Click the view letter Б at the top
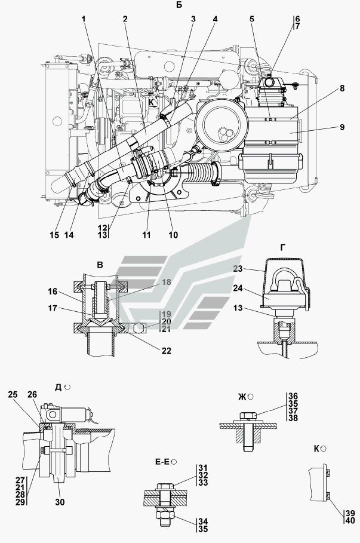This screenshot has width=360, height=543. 180,5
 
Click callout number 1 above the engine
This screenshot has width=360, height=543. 84,19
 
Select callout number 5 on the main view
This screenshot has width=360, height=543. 252,19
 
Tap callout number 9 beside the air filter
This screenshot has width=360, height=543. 343,127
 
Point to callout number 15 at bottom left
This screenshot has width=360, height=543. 54,235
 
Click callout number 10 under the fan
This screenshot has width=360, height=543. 173,235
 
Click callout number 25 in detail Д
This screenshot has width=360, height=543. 13,395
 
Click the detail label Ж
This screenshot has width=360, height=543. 242,396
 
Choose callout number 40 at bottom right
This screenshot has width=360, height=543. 349,521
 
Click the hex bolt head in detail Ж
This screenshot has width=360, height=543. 245,416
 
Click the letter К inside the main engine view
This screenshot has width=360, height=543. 152,102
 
